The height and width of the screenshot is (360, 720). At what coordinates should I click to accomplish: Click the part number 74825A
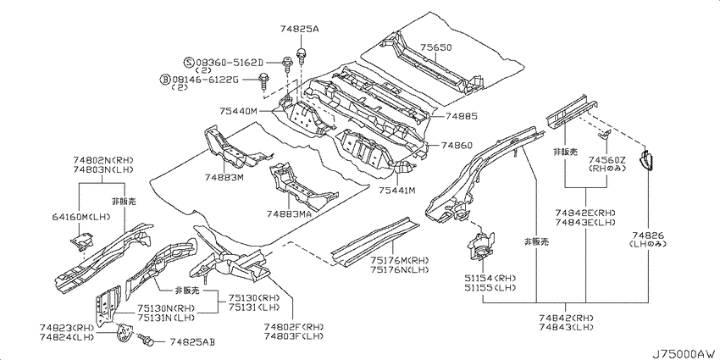[299, 30]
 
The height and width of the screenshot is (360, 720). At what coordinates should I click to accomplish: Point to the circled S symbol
[189, 63]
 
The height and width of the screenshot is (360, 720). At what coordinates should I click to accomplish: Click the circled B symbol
[165, 80]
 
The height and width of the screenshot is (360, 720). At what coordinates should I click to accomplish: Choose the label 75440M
[239, 111]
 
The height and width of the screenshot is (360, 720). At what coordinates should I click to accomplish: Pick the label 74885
[461, 117]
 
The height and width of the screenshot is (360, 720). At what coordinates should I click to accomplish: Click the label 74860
[457, 145]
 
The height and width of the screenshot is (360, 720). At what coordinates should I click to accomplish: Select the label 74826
[647, 235]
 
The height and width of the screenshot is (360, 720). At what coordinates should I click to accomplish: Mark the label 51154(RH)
[489, 279]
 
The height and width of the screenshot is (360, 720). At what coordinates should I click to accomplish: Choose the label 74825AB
[192, 342]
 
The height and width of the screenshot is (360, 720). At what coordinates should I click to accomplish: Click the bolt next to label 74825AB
[147, 341]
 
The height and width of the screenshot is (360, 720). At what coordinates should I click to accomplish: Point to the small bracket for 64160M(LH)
[81, 241]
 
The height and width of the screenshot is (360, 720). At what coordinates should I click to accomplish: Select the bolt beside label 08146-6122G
[264, 81]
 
